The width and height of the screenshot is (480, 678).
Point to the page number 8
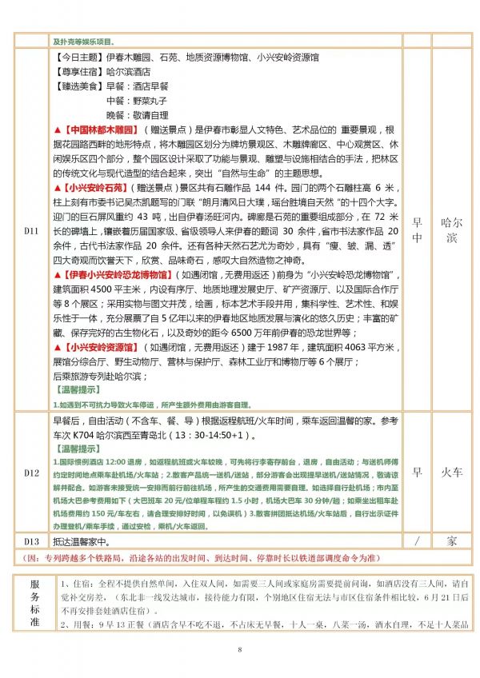tap(239, 648)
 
